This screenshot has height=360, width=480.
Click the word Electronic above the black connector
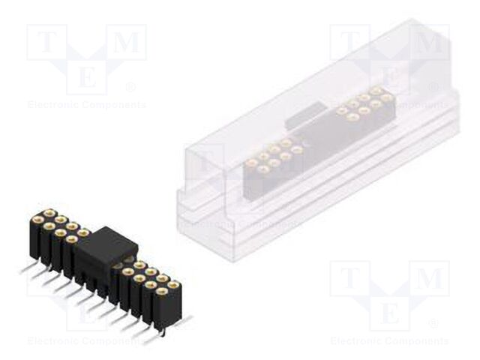[54, 105]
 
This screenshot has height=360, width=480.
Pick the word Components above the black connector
[114, 105]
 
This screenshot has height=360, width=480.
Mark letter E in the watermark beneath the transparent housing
[390, 311]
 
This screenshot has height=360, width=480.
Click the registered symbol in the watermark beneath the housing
[433, 324]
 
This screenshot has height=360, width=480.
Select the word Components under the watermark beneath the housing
[418, 341]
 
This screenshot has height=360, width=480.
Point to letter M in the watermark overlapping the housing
[431, 43]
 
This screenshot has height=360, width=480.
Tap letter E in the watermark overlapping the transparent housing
[390, 75]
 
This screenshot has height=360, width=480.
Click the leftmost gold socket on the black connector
[35, 220]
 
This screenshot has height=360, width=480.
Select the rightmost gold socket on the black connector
[175, 285]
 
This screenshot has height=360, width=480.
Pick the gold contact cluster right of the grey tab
[364, 103]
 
